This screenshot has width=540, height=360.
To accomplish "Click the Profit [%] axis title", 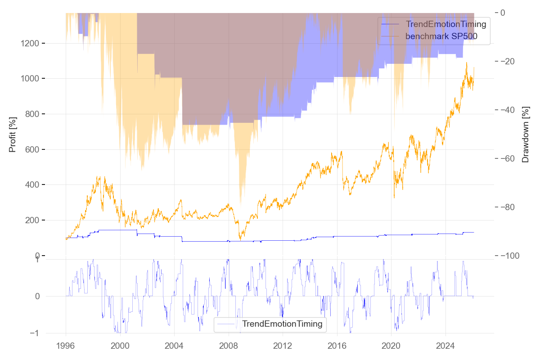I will [x=13, y=135].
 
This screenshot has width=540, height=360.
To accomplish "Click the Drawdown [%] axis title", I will [x=525, y=135].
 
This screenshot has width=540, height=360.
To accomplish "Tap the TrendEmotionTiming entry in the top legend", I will [x=445, y=24].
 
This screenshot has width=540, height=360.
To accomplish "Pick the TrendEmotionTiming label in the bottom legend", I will [x=282, y=324].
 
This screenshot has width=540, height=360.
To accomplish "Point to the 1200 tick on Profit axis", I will [x=31, y=43].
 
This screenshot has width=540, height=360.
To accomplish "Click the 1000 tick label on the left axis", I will [x=31, y=79].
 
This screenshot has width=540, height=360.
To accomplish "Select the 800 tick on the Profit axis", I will [x=33, y=114].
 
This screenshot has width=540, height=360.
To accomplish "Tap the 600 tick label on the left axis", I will [x=33, y=149].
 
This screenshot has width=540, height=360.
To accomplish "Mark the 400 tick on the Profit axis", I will [x=33, y=185].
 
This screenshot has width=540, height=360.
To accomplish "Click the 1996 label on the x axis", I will [x=66, y=346].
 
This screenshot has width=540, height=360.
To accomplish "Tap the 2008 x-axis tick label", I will [x=228, y=346].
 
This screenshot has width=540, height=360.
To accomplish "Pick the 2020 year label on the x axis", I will [x=391, y=346].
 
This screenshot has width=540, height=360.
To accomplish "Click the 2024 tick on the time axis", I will [x=445, y=346].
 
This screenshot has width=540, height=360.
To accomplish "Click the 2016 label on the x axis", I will [x=337, y=346].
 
